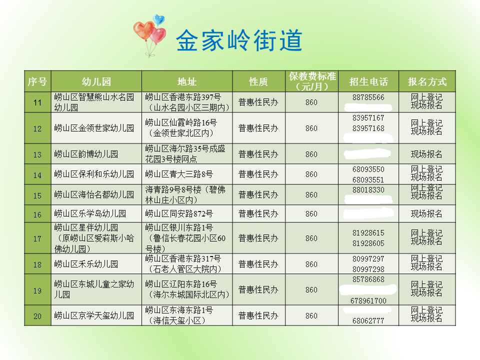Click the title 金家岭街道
coord(239,40)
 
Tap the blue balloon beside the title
coord(158,19)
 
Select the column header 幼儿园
coord(96,81)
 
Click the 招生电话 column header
coord(368,81)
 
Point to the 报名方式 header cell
coord(427,81)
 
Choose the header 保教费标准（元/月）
coord(312,81)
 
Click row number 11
coord(37,102)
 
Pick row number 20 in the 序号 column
coord(37,316)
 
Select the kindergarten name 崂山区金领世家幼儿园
coord(94,128)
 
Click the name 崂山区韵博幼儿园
coord(86,154)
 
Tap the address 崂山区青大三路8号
coord(179,174)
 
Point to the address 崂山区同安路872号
coord(179,213)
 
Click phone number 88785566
coord(368,97)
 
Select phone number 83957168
coord(368,128)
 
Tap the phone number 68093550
coord(368,169)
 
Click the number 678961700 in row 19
coord(368,301)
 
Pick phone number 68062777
coord(368,321)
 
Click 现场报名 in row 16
coord(426,213)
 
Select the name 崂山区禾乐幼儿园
coord(86,264)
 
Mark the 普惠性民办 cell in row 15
coord(258,194)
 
